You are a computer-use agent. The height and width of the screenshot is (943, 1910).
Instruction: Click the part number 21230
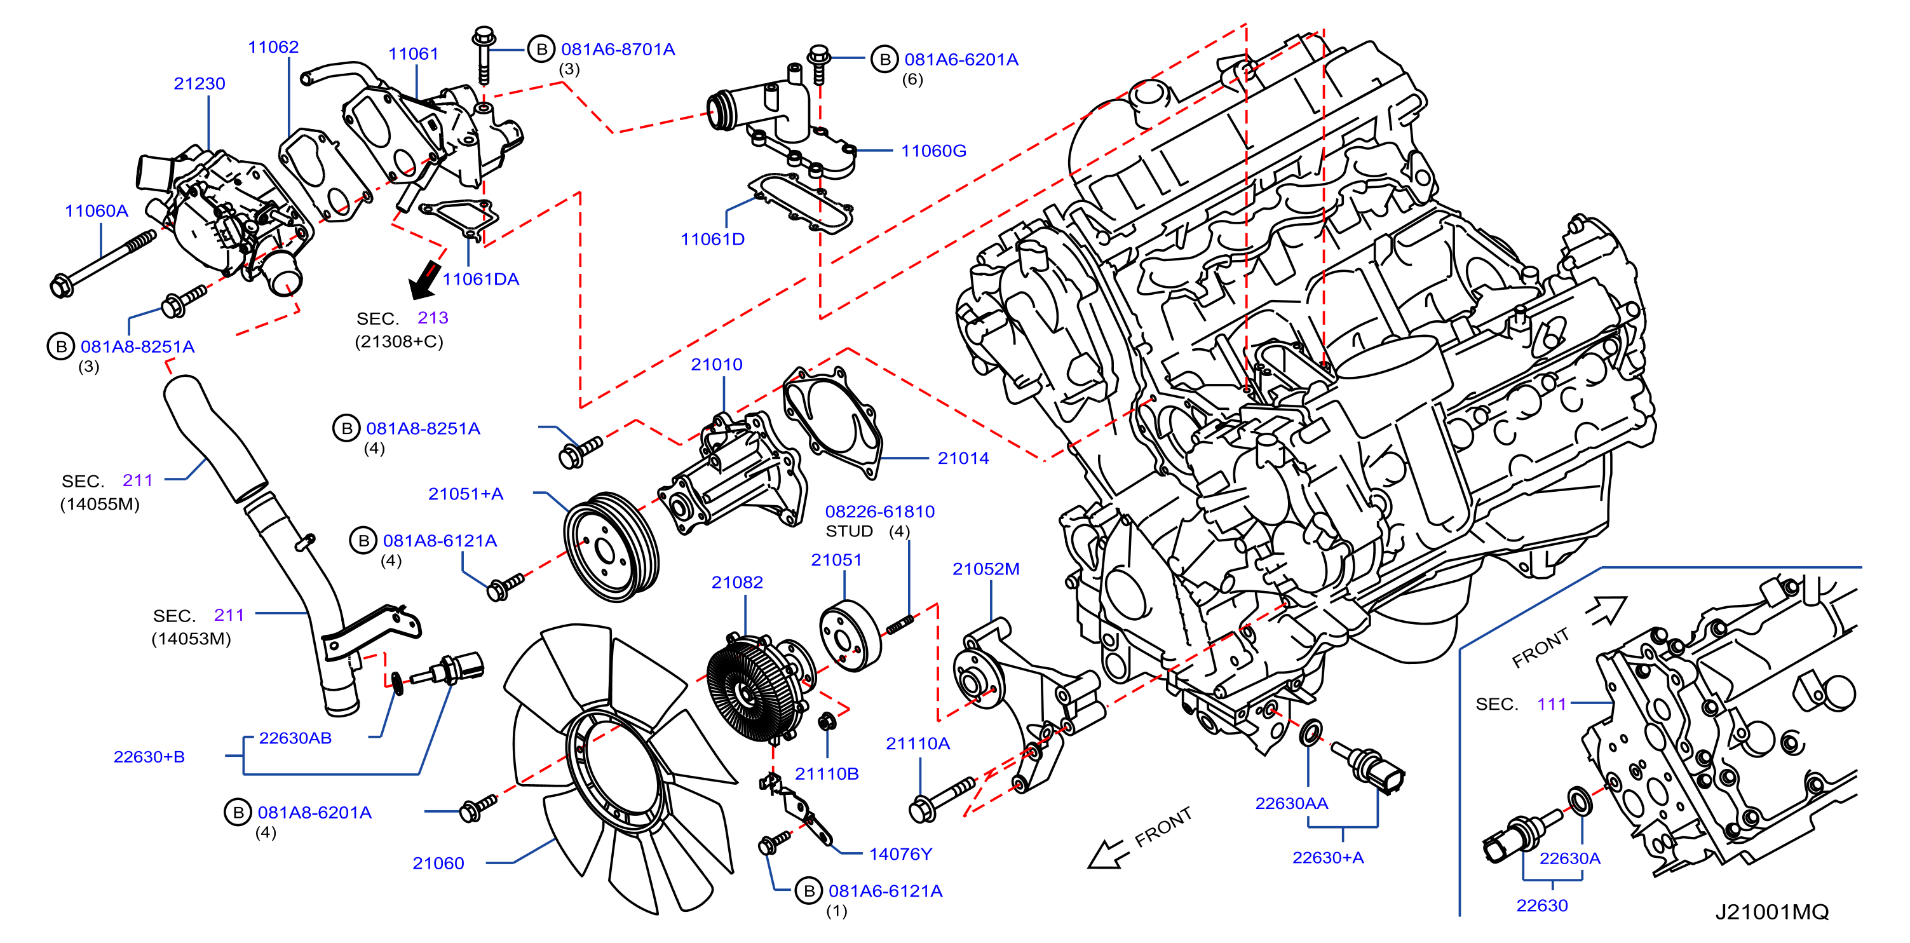pyautogui.click(x=200, y=84)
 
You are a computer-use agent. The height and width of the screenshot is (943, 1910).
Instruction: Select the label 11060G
pyautogui.click(x=933, y=151)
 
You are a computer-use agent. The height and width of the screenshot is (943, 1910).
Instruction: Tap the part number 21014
pyautogui.click(x=963, y=459)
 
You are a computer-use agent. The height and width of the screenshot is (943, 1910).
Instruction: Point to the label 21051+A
pyautogui.click(x=466, y=494)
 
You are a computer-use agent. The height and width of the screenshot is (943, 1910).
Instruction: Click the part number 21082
pyautogui.click(x=737, y=583)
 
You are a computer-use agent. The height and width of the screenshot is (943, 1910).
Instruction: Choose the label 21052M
pyautogui.click(x=986, y=569)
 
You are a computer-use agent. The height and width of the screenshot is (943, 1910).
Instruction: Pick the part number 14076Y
pyautogui.click(x=901, y=854)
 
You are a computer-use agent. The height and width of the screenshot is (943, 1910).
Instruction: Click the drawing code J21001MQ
pyautogui.click(x=1772, y=912)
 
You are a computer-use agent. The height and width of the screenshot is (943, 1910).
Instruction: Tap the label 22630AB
pyautogui.click(x=295, y=738)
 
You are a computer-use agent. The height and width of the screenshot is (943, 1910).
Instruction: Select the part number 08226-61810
pyautogui.click(x=880, y=512)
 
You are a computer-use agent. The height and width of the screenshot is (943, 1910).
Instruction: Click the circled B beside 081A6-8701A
pyautogui.click(x=542, y=50)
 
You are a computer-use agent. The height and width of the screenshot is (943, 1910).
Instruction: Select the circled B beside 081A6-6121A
pyautogui.click(x=809, y=891)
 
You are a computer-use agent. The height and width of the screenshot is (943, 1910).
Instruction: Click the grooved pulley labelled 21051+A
pyautogui.click(x=612, y=547)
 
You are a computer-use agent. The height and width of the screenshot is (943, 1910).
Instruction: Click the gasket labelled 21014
pyautogui.click(x=832, y=421)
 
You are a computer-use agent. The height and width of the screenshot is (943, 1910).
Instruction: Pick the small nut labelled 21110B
pyautogui.click(x=827, y=721)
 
